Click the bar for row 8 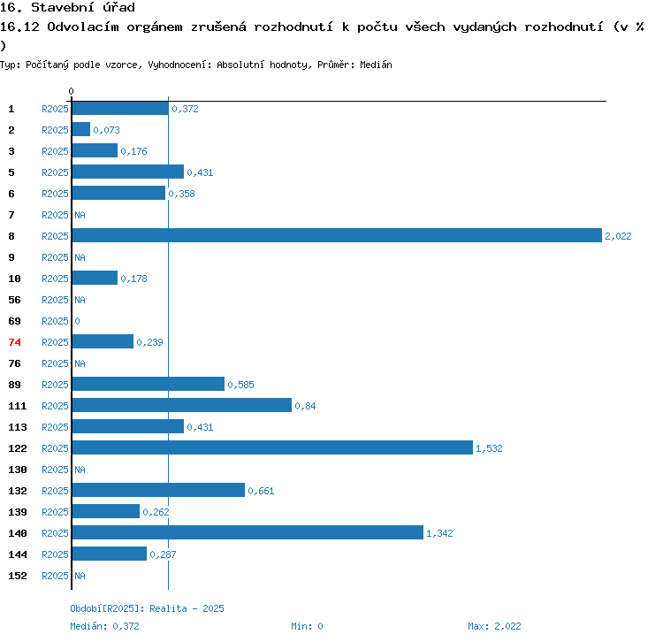(x=336, y=235)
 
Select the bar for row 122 (x=272, y=447)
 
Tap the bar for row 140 (x=248, y=532)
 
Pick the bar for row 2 (x=80, y=129)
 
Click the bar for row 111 (x=181, y=405)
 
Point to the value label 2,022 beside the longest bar (x=618, y=236)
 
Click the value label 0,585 (x=240, y=385)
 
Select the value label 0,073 (x=106, y=130)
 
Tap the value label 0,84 (x=305, y=406)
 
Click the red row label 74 (x=14, y=342)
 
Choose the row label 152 (x=18, y=576)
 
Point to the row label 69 (x=14, y=321)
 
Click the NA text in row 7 (x=80, y=215)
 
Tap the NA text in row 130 (x=80, y=470)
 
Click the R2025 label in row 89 (x=55, y=385)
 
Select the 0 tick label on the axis (x=72, y=92)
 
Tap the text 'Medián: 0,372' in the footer (x=105, y=626)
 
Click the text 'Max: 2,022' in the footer (x=494, y=626)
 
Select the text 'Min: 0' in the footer (x=307, y=626)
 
